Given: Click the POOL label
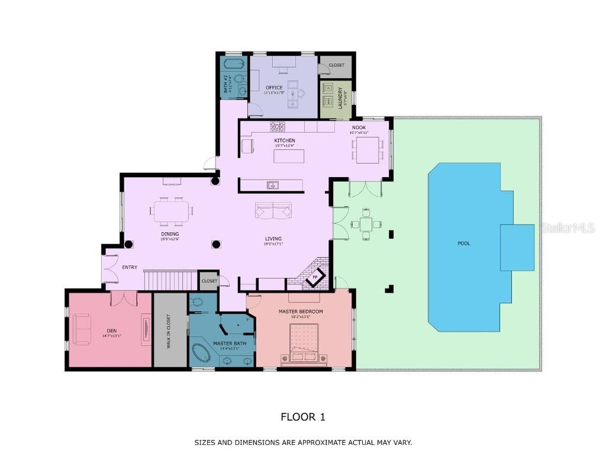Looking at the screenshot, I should [x=464, y=243].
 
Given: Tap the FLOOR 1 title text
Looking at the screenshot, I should [x=302, y=417].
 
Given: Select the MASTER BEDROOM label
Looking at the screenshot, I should [x=301, y=312].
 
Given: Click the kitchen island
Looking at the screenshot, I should [x=289, y=156].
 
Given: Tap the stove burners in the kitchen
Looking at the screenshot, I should [x=277, y=126].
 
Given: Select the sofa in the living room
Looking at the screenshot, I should [x=273, y=210].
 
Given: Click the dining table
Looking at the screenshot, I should [x=172, y=211].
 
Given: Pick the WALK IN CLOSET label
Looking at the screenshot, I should [x=168, y=331].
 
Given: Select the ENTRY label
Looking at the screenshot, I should [x=130, y=267].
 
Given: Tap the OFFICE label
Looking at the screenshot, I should [x=274, y=88].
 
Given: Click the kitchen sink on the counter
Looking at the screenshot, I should [x=272, y=185].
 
